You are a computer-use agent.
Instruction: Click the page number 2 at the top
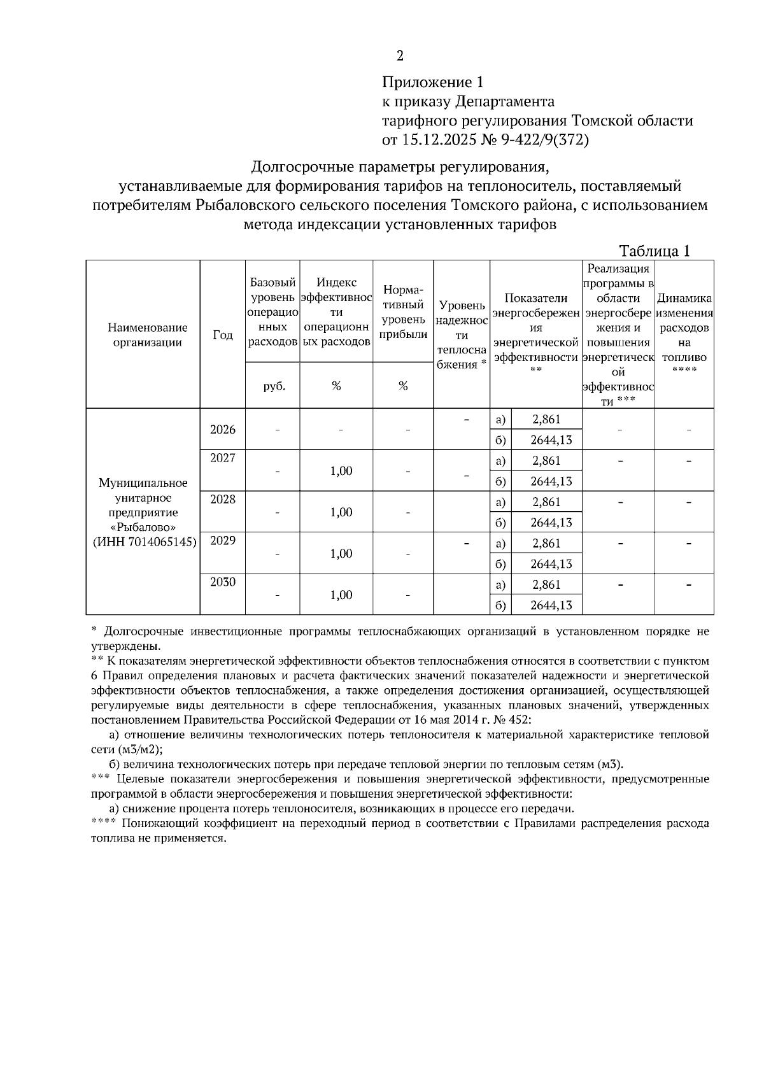pyautogui.click(x=400, y=56)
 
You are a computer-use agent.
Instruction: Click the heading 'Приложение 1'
pyautogui.click(x=433, y=82)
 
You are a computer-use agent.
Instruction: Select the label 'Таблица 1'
pyautogui.click(x=654, y=251)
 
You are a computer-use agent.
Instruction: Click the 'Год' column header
pyautogui.click(x=222, y=335)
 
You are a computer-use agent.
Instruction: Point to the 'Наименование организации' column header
pyautogui.click(x=148, y=335)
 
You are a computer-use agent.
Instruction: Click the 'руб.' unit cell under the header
pyautogui.click(x=273, y=385)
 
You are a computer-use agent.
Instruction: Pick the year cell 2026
pyautogui.click(x=222, y=429)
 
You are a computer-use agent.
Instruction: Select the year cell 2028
pyautogui.click(x=222, y=500)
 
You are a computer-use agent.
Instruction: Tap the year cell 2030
pyautogui.click(x=222, y=582)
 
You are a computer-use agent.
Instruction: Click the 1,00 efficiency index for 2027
pyautogui.click(x=341, y=471)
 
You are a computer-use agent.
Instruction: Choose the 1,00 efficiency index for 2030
pyautogui.click(x=341, y=595)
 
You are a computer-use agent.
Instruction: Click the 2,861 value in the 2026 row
pyautogui.click(x=546, y=419)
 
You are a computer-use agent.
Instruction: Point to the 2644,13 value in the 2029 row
pyautogui.click(x=551, y=563)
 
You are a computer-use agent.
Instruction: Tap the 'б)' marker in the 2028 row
pyautogui.click(x=500, y=523)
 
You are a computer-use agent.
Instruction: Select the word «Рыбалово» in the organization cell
pyautogui.click(x=143, y=528)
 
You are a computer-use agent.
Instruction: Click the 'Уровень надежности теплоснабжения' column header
pyautogui.click(x=462, y=335)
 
